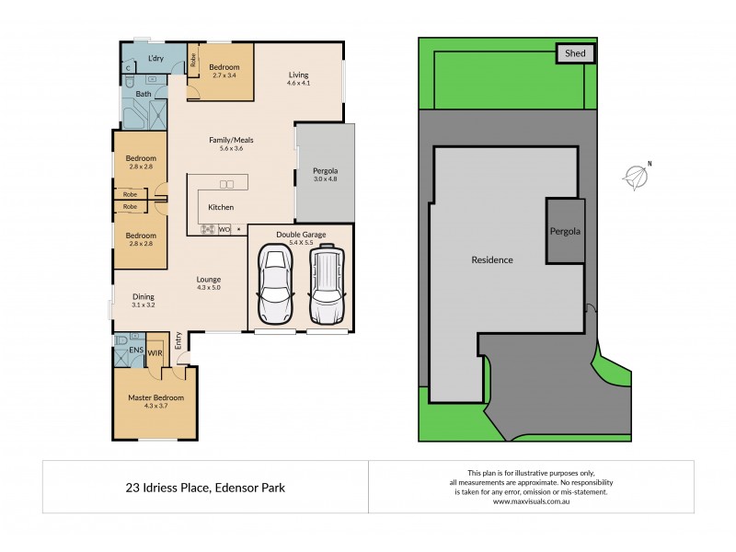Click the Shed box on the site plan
point(575,54)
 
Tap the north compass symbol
point(634,176)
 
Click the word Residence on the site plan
point(491,260)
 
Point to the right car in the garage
point(326,285)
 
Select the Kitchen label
point(221,208)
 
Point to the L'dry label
point(155,60)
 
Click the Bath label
point(144,94)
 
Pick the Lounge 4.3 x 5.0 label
point(208,283)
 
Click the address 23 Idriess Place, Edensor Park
point(205,487)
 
